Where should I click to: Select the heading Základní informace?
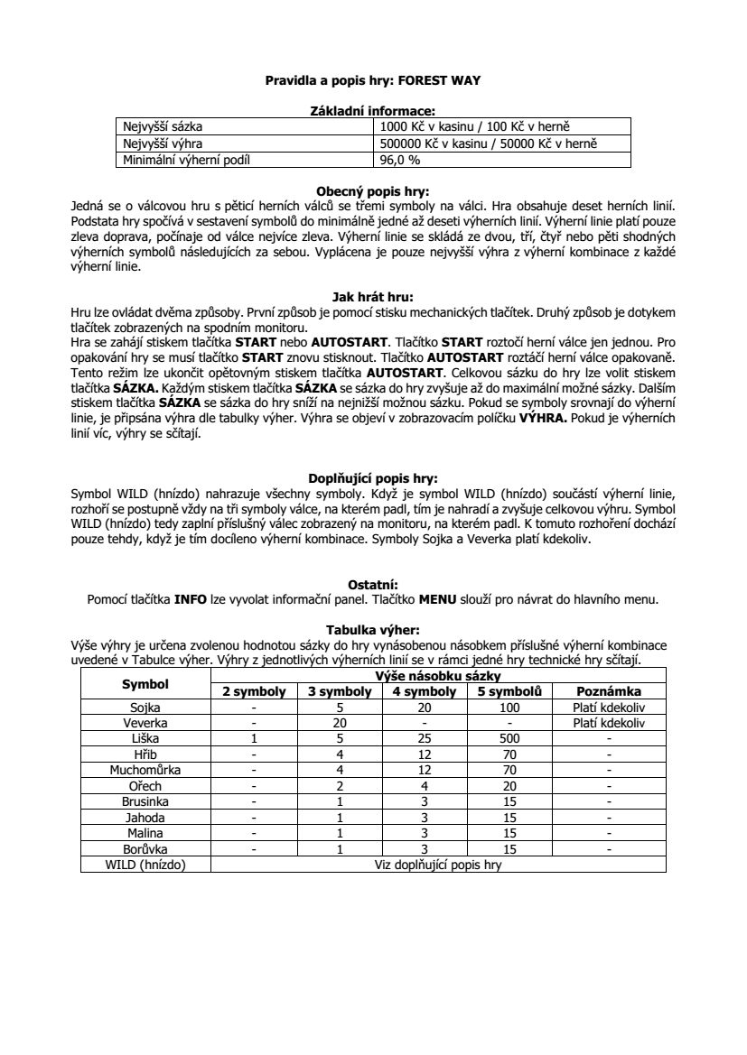click(373, 110)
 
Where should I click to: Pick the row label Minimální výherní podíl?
click(185, 160)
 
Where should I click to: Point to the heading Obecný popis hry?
click(373, 191)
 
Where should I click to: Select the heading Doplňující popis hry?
click(373, 478)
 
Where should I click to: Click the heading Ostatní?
click(373, 583)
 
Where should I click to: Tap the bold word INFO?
click(191, 597)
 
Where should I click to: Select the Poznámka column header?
click(609, 691)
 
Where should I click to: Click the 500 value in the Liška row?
click(509, 738)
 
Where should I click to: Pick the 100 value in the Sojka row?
click(509, 708)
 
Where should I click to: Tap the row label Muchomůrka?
click(145, 770)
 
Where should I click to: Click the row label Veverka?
click(145, 723)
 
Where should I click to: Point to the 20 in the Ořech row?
click(509, 785)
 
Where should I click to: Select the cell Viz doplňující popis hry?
click(437, 865)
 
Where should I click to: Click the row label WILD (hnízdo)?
click(145, 865)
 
